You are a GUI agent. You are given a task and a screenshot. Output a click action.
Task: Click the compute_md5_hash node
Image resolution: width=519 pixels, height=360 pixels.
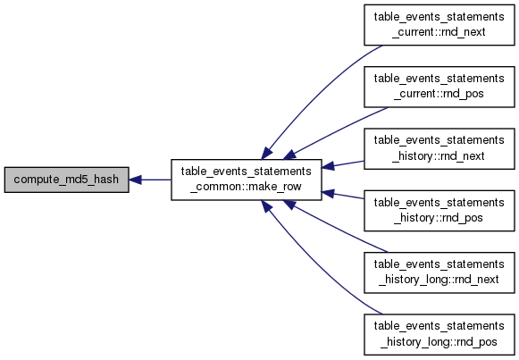pos(66,180)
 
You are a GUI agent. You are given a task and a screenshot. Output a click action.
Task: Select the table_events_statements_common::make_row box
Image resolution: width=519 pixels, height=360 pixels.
pos(247,180)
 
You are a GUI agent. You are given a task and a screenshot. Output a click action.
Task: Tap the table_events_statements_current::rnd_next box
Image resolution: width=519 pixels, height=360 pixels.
pos(439,25)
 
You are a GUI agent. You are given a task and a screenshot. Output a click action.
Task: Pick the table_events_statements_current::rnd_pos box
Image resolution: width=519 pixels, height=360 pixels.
pos(439,87)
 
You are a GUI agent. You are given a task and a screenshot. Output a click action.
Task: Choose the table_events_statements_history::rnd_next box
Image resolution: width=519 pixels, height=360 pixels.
pos(439,148)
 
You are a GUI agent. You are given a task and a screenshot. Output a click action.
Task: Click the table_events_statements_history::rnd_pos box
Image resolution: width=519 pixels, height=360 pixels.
pos(439,211)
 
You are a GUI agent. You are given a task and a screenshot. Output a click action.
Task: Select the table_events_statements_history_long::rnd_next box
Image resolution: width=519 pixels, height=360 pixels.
pos(439,272)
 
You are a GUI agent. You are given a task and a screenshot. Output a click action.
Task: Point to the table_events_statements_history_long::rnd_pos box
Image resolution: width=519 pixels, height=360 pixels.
pos(439,334)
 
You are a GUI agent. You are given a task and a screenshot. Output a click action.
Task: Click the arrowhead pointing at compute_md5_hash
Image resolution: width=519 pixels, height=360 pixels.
pos(135,180)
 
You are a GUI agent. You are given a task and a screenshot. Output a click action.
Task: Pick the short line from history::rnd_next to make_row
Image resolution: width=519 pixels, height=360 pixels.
pos(343,164)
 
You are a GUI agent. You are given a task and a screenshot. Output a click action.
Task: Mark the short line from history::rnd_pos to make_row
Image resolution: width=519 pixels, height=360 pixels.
pos(343,196)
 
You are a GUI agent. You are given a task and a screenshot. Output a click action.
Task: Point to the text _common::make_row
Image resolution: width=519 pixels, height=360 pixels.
pos(246,187)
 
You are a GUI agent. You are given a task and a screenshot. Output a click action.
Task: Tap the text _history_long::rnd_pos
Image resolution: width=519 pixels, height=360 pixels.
pos(439,342)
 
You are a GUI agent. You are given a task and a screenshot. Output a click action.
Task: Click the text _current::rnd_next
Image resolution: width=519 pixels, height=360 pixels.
pos(439,32)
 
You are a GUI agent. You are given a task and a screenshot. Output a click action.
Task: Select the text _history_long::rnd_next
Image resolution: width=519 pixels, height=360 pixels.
pos(439,280)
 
